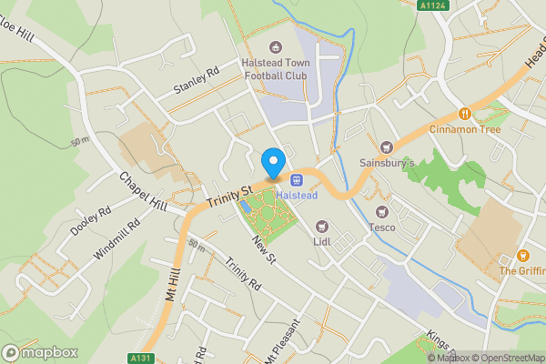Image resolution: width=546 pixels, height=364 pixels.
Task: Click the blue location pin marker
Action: click(x=272, y=163)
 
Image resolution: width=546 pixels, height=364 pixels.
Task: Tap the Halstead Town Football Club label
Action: click(x=276, y=69)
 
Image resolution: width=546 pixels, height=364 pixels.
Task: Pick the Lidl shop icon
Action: click(x=320, y=226)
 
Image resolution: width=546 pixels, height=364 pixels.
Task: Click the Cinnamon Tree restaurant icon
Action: click(x=464, y=114)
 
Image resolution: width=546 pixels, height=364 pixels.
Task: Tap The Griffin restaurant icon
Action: click(x=523, y=256)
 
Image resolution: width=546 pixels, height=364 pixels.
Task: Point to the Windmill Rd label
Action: click(x=117, y=241)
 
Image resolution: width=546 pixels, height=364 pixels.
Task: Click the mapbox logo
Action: click(x=40, y=352)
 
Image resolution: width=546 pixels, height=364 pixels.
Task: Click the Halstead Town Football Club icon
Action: click(x=276, y=47)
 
